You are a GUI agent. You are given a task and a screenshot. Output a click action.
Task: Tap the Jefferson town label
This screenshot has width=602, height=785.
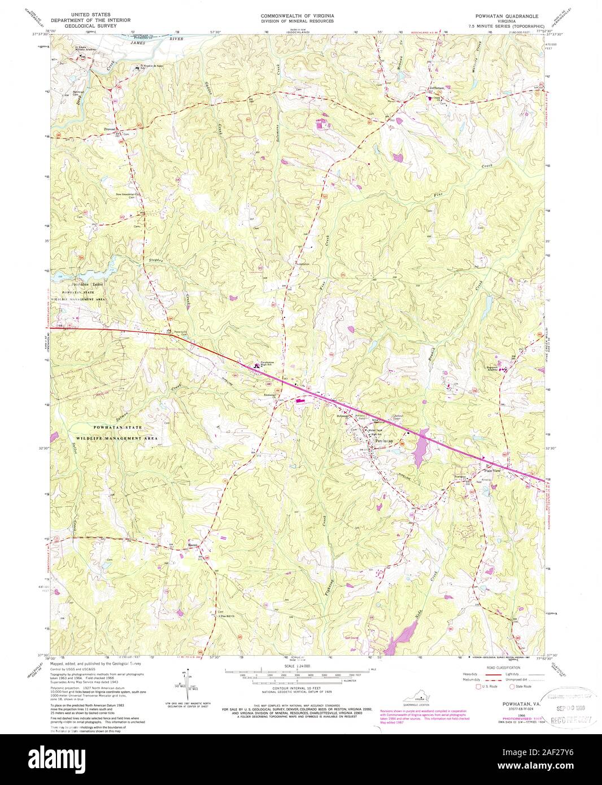point(437,89)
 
